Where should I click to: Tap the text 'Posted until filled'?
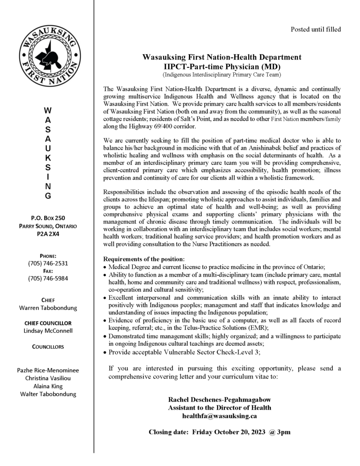click(315, 30)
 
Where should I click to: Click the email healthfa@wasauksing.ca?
click(219, 415)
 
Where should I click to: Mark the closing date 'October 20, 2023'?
click(239, 431)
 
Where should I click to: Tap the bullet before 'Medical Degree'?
click(106, 267)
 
